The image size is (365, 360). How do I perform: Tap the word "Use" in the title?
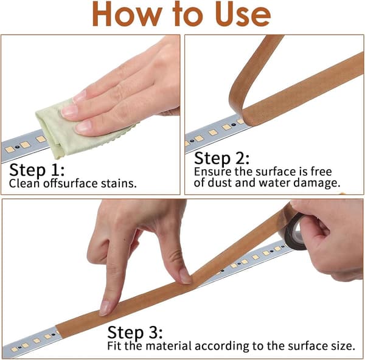243,15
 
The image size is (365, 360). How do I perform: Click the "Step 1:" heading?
36,170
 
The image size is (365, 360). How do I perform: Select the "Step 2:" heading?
221,159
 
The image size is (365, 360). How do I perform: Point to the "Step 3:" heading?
135,332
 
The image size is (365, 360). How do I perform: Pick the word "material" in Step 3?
169,346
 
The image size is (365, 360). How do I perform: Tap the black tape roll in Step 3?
294,233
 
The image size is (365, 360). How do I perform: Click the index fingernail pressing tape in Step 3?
104,308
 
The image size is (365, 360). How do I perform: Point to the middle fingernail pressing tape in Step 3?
186,276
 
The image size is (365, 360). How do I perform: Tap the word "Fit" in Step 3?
114,346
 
